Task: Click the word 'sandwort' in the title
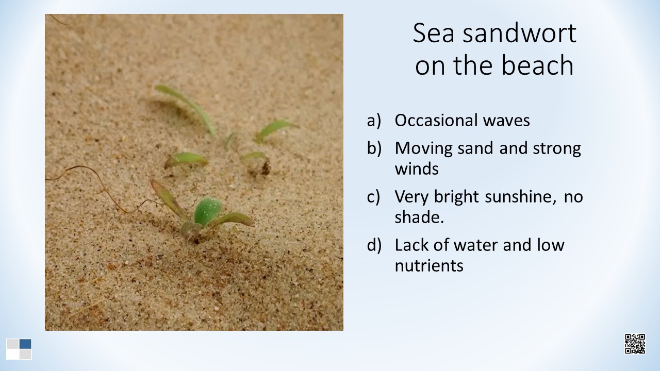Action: tap(519, 33)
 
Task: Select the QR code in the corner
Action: tap(635, 344)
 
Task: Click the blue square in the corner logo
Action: tap(25, 344)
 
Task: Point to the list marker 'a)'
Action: tap(374, 121)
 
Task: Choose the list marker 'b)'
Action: tap(374, 148)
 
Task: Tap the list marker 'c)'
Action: tap(374, 197)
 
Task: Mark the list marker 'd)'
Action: tap(374, 245)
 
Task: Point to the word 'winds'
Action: tap(417, 168)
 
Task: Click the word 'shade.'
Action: tap(419, 217)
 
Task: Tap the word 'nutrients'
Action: tap(429, 266)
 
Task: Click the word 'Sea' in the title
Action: tap(434, 33)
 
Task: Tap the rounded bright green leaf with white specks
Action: tap(208, 211)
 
